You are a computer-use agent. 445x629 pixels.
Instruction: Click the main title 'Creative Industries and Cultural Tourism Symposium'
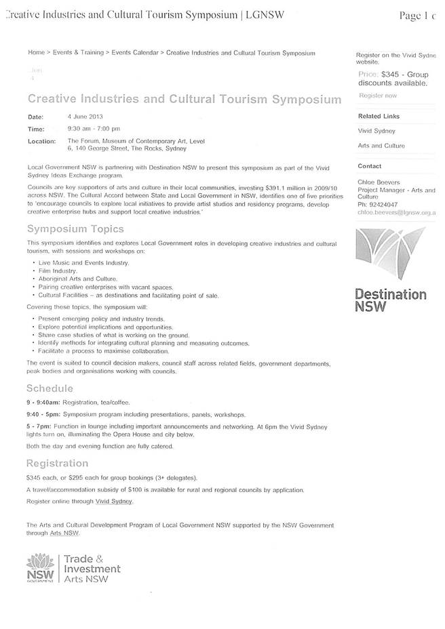pyautogui.click(x=184, y=100)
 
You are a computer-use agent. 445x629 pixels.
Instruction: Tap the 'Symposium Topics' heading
pyautogui.click(x=75, y=229)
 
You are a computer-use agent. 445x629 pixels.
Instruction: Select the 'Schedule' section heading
pyautogui.click(x=50, y=388)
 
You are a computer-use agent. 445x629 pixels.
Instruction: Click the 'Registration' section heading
pyautogui.click(x=57, y=463)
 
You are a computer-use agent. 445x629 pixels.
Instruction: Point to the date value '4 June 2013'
pyautogui.click(x=85, y=117)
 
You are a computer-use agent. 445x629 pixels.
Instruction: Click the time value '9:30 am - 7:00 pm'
pyautogui.click(x=94, y=129)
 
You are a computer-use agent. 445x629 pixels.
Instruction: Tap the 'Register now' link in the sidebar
pyautogui.click(x=377, y=96)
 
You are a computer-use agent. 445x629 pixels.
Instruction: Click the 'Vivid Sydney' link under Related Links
pyautogui.click(x=376, y=131)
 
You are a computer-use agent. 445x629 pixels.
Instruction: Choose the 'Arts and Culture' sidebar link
pyautogui.click(x=381, y=146)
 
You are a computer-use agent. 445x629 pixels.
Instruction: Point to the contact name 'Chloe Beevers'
pyautogui.click(x=379, y=182)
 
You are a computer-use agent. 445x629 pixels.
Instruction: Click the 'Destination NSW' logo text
pyautogui.click(x=391, y=300)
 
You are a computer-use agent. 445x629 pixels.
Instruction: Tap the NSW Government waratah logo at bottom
pyautogui.click(x=40, y=567)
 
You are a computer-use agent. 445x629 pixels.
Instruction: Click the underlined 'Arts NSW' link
pyautogui.click(x=64, y=533)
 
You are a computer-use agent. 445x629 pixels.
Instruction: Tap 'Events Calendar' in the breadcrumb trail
pyautogui.click(x=135, y=52)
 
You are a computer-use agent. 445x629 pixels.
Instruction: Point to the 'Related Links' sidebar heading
pyautogui.click(x=379, y=116)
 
